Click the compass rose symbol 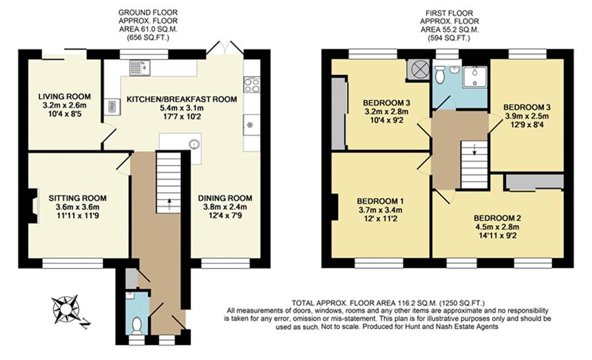[x=68, y=308]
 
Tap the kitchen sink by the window [x=139, y=66]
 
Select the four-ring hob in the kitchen [x=251, y=84]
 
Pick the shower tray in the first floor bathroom [x=474, y=77]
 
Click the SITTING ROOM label [x=78, y=197]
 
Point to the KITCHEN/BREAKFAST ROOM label [x=182, y=99]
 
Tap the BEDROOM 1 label [x=380, y=201]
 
